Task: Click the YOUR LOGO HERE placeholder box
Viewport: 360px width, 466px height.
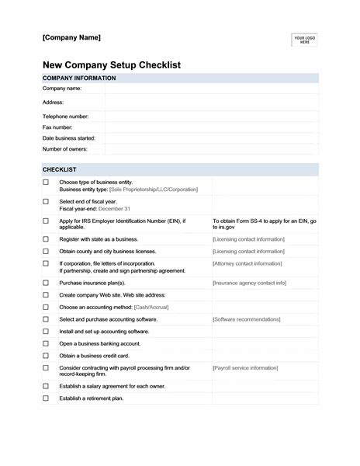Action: click(x=304, y=40)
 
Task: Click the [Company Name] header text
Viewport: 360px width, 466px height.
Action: click(x=71, y=38)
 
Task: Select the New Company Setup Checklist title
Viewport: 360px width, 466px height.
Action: click(x=111, y=65)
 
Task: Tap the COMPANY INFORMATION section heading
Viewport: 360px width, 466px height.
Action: click(x=78, y=78)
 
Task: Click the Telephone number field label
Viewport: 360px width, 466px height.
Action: click(x=65, y=116)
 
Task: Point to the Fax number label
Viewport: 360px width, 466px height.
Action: click(x=57, y=127)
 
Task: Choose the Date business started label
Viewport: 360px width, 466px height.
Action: click(x=68, y=137)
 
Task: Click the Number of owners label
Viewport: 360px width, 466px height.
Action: click(x=64, y=148)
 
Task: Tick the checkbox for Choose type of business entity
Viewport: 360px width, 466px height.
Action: click(x=46, y=183)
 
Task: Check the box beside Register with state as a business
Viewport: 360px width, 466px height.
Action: click(x=46, y=240)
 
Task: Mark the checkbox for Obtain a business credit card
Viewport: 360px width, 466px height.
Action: click(x=46, y=354)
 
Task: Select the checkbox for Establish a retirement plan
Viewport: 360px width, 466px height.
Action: click(x=46, y=398)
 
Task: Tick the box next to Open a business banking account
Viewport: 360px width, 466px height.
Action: click(x=46, y=343)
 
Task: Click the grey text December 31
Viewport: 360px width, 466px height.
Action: click(x=116, y=209)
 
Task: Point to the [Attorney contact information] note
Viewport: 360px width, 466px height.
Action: click(x=247, y=263)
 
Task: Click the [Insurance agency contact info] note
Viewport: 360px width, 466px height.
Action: click(x=249, y=283)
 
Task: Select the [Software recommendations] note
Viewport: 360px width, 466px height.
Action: click(x=246, y=319)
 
